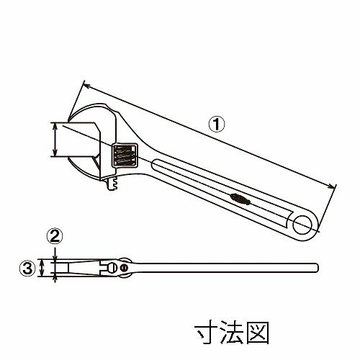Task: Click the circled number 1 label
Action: click(x=217, y=124)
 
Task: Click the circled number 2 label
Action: click(x=55, y=236)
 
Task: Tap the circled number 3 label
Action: click(x=27, y=268)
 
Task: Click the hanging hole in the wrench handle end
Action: click(x=302, y=225)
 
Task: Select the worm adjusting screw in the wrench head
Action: click(x=125, y=156)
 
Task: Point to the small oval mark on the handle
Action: click(x=240, y=199)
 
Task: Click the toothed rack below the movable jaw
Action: click(x=112, y=184)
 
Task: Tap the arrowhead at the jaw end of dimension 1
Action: click(x=86, y=86)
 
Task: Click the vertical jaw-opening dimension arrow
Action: click(x=55, y=139)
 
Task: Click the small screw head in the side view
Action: click(x=124, y=267)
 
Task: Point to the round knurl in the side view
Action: click(x=111, y=267)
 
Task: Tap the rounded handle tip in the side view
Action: click(x=317, y=267)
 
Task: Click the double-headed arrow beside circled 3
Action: click(x=42, y=268)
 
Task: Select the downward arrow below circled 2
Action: click(x=55, y=253)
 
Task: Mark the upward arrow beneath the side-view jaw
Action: click(x=55, y=279)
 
